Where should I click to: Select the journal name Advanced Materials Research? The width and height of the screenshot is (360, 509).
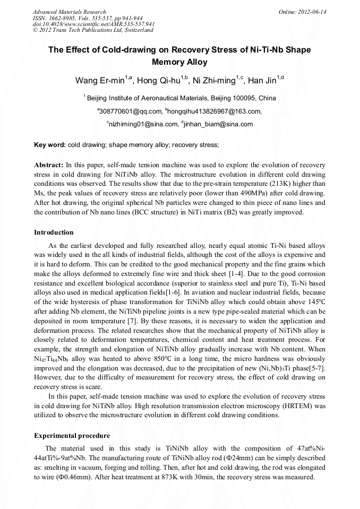click(70, 12)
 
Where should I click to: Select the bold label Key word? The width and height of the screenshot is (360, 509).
click(50, 144)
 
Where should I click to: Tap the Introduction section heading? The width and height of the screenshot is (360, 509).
click(54, 232)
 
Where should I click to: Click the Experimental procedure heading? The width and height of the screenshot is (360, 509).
click(72, 436)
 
